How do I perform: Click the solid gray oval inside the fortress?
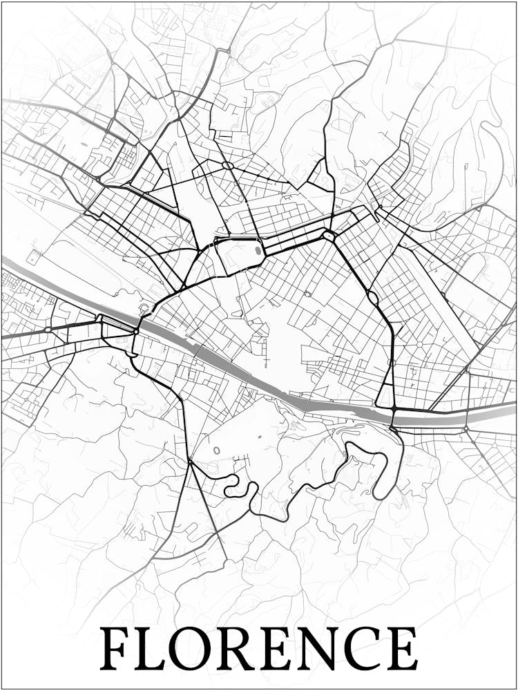tap(258, 250)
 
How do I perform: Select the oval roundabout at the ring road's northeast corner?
tap(328, 236)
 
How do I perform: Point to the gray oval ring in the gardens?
tap(216, 451)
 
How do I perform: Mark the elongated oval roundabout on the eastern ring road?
tap(373, 299)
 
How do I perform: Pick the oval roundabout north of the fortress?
tap(227, 165)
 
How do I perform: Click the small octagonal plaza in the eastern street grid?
tap(419, 343)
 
